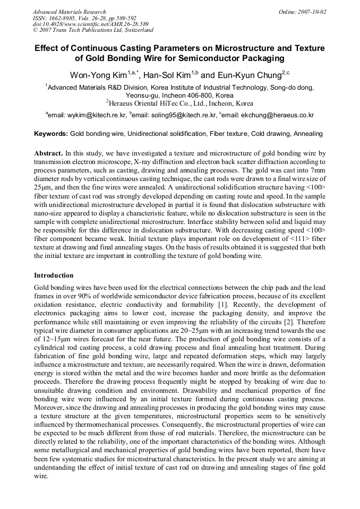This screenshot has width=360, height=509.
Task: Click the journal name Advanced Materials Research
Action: (x=69, y=12)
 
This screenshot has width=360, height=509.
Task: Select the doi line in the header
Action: (x=90, y=24)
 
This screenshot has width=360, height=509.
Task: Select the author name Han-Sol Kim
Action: (x=167, y=74)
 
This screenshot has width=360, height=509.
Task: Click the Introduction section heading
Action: (x=54, y=275)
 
